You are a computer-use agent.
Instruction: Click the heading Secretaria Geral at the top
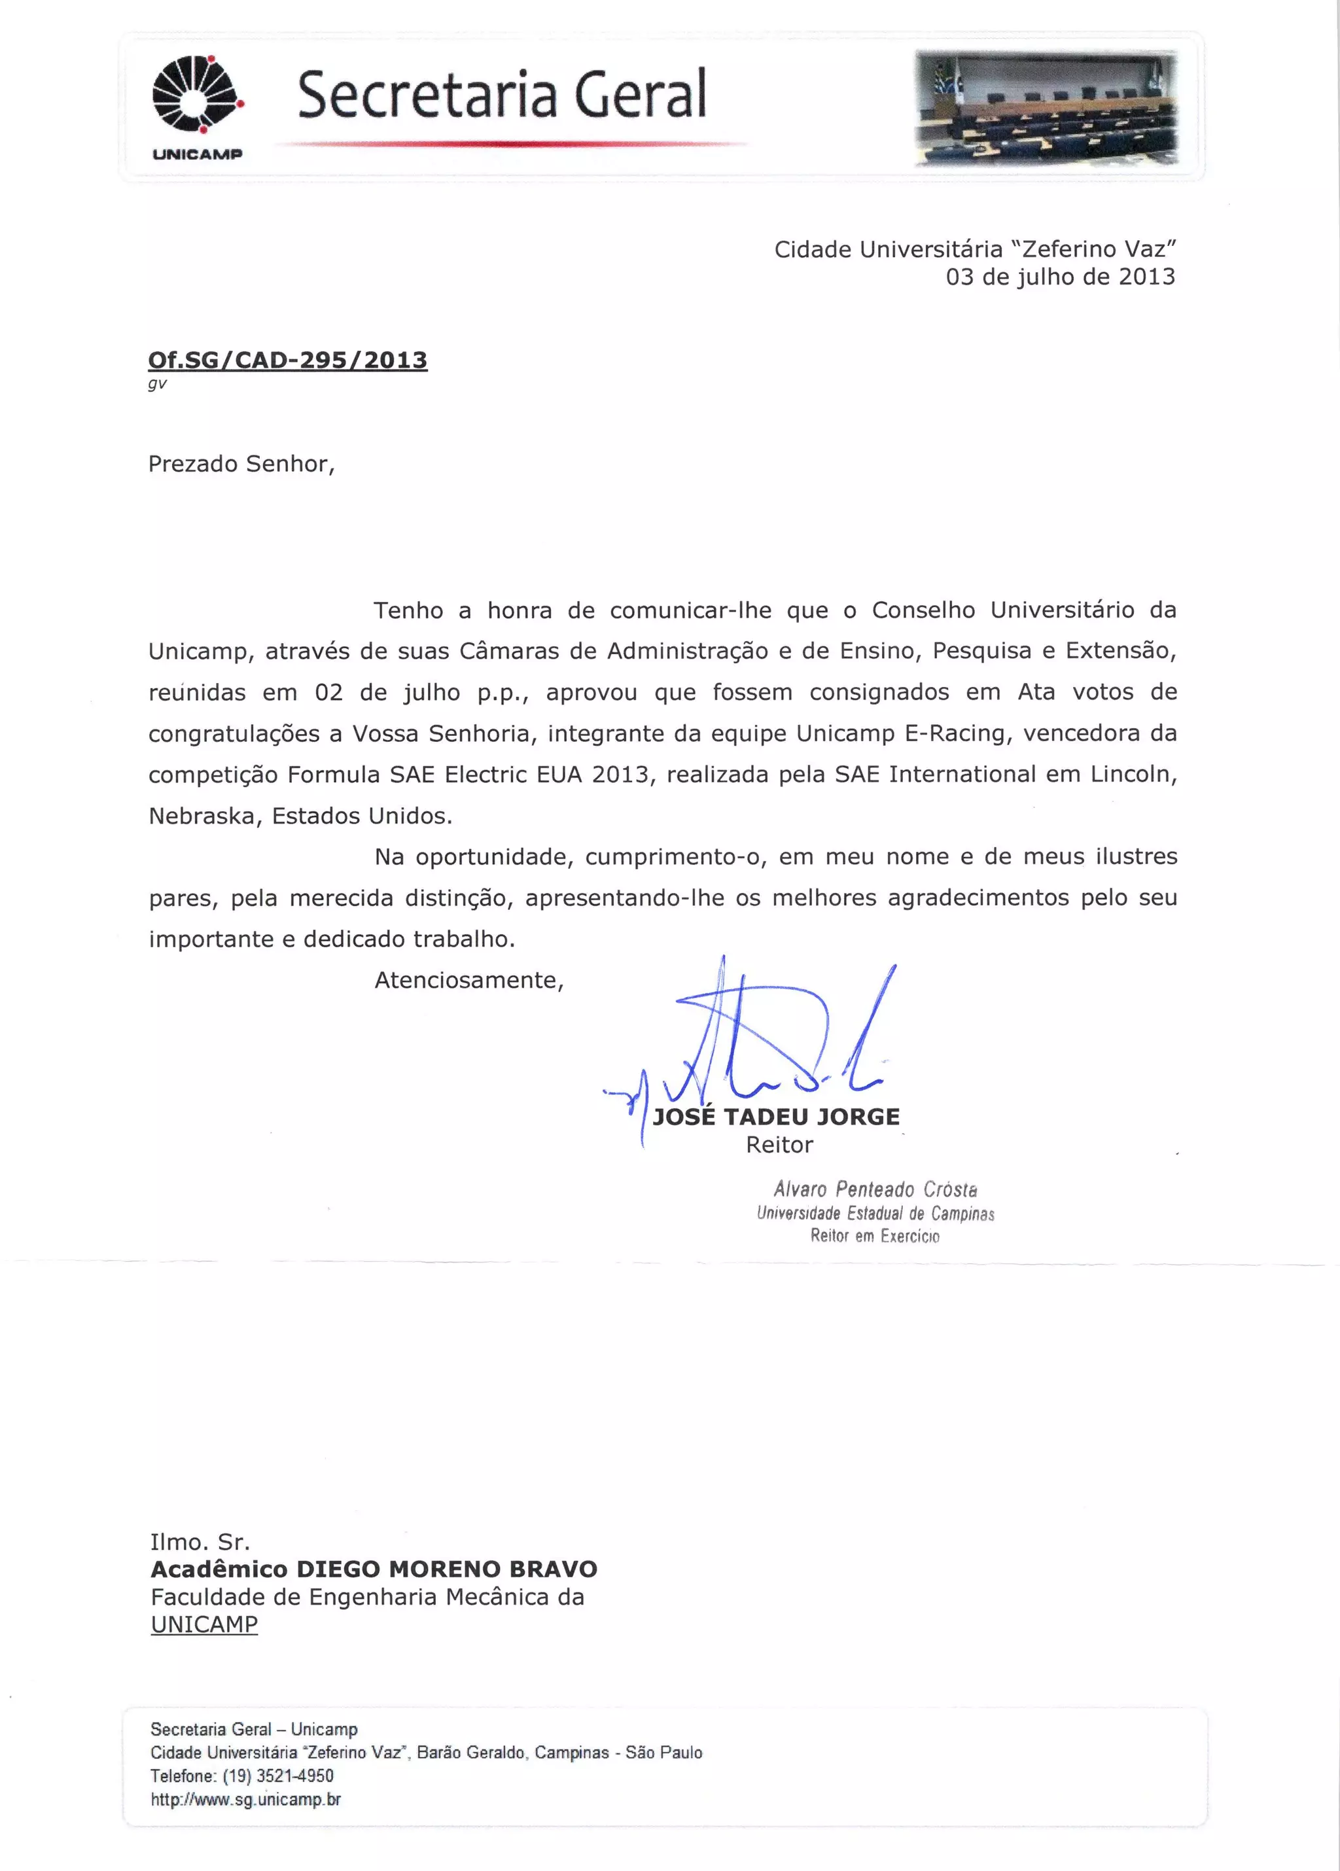tap(502, 94)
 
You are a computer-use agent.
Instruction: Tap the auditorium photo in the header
tap(1046, 107)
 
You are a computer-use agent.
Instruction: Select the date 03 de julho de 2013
tap(1059, 277)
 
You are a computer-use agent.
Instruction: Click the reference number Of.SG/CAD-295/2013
tap(287, 360)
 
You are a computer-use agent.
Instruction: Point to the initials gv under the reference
tap(157, 383)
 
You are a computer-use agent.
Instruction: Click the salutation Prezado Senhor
tap(241, 464)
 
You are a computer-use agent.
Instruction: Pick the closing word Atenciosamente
tap(468, 980)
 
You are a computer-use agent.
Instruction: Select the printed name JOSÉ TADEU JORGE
tap(775, 1117)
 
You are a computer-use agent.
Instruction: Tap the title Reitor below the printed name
tap(779, 1145)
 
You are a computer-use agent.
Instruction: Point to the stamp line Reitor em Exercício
tap(875, 1236)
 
